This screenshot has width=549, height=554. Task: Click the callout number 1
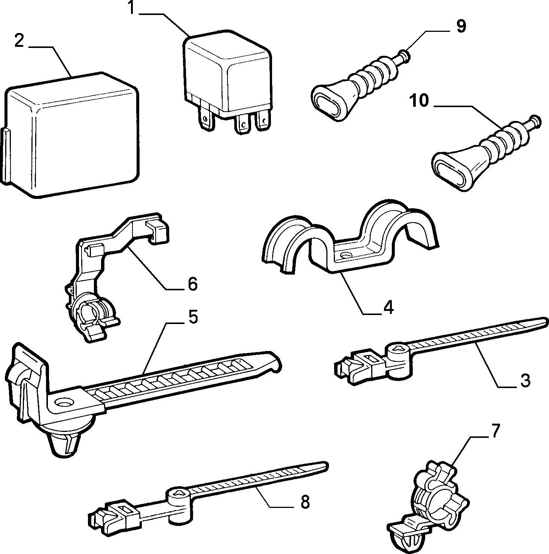coord(131,8)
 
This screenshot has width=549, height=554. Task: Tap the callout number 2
coord(19,40)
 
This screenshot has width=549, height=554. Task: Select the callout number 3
coord(525,380)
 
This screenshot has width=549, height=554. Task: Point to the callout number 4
coord(388,307)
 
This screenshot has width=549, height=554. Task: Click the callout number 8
coord(305,501)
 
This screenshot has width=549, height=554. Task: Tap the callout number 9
coord(461,27)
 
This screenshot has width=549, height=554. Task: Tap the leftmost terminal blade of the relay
coord(205,118)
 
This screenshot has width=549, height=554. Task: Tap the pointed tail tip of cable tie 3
coord(546,320)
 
